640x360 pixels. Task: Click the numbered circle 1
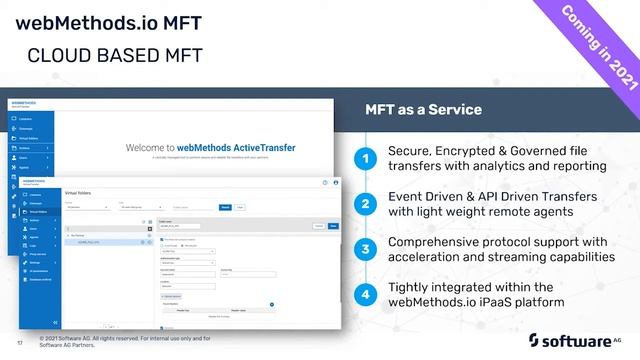pyautogui.click(x=367, y=158)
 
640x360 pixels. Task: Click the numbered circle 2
pyautogui.click(x=367, y=204)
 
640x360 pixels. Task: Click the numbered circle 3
pyautogui.click(x=367, y=249)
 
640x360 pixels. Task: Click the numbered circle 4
pyautogui.click(x=367, y=294)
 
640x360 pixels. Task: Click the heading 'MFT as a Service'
pyautogui.click(x=422, y=109)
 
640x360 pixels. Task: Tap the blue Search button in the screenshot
pyautogui.click(x=225, y=207)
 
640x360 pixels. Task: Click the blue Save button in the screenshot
pyautogui.click(x=334, y=226)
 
